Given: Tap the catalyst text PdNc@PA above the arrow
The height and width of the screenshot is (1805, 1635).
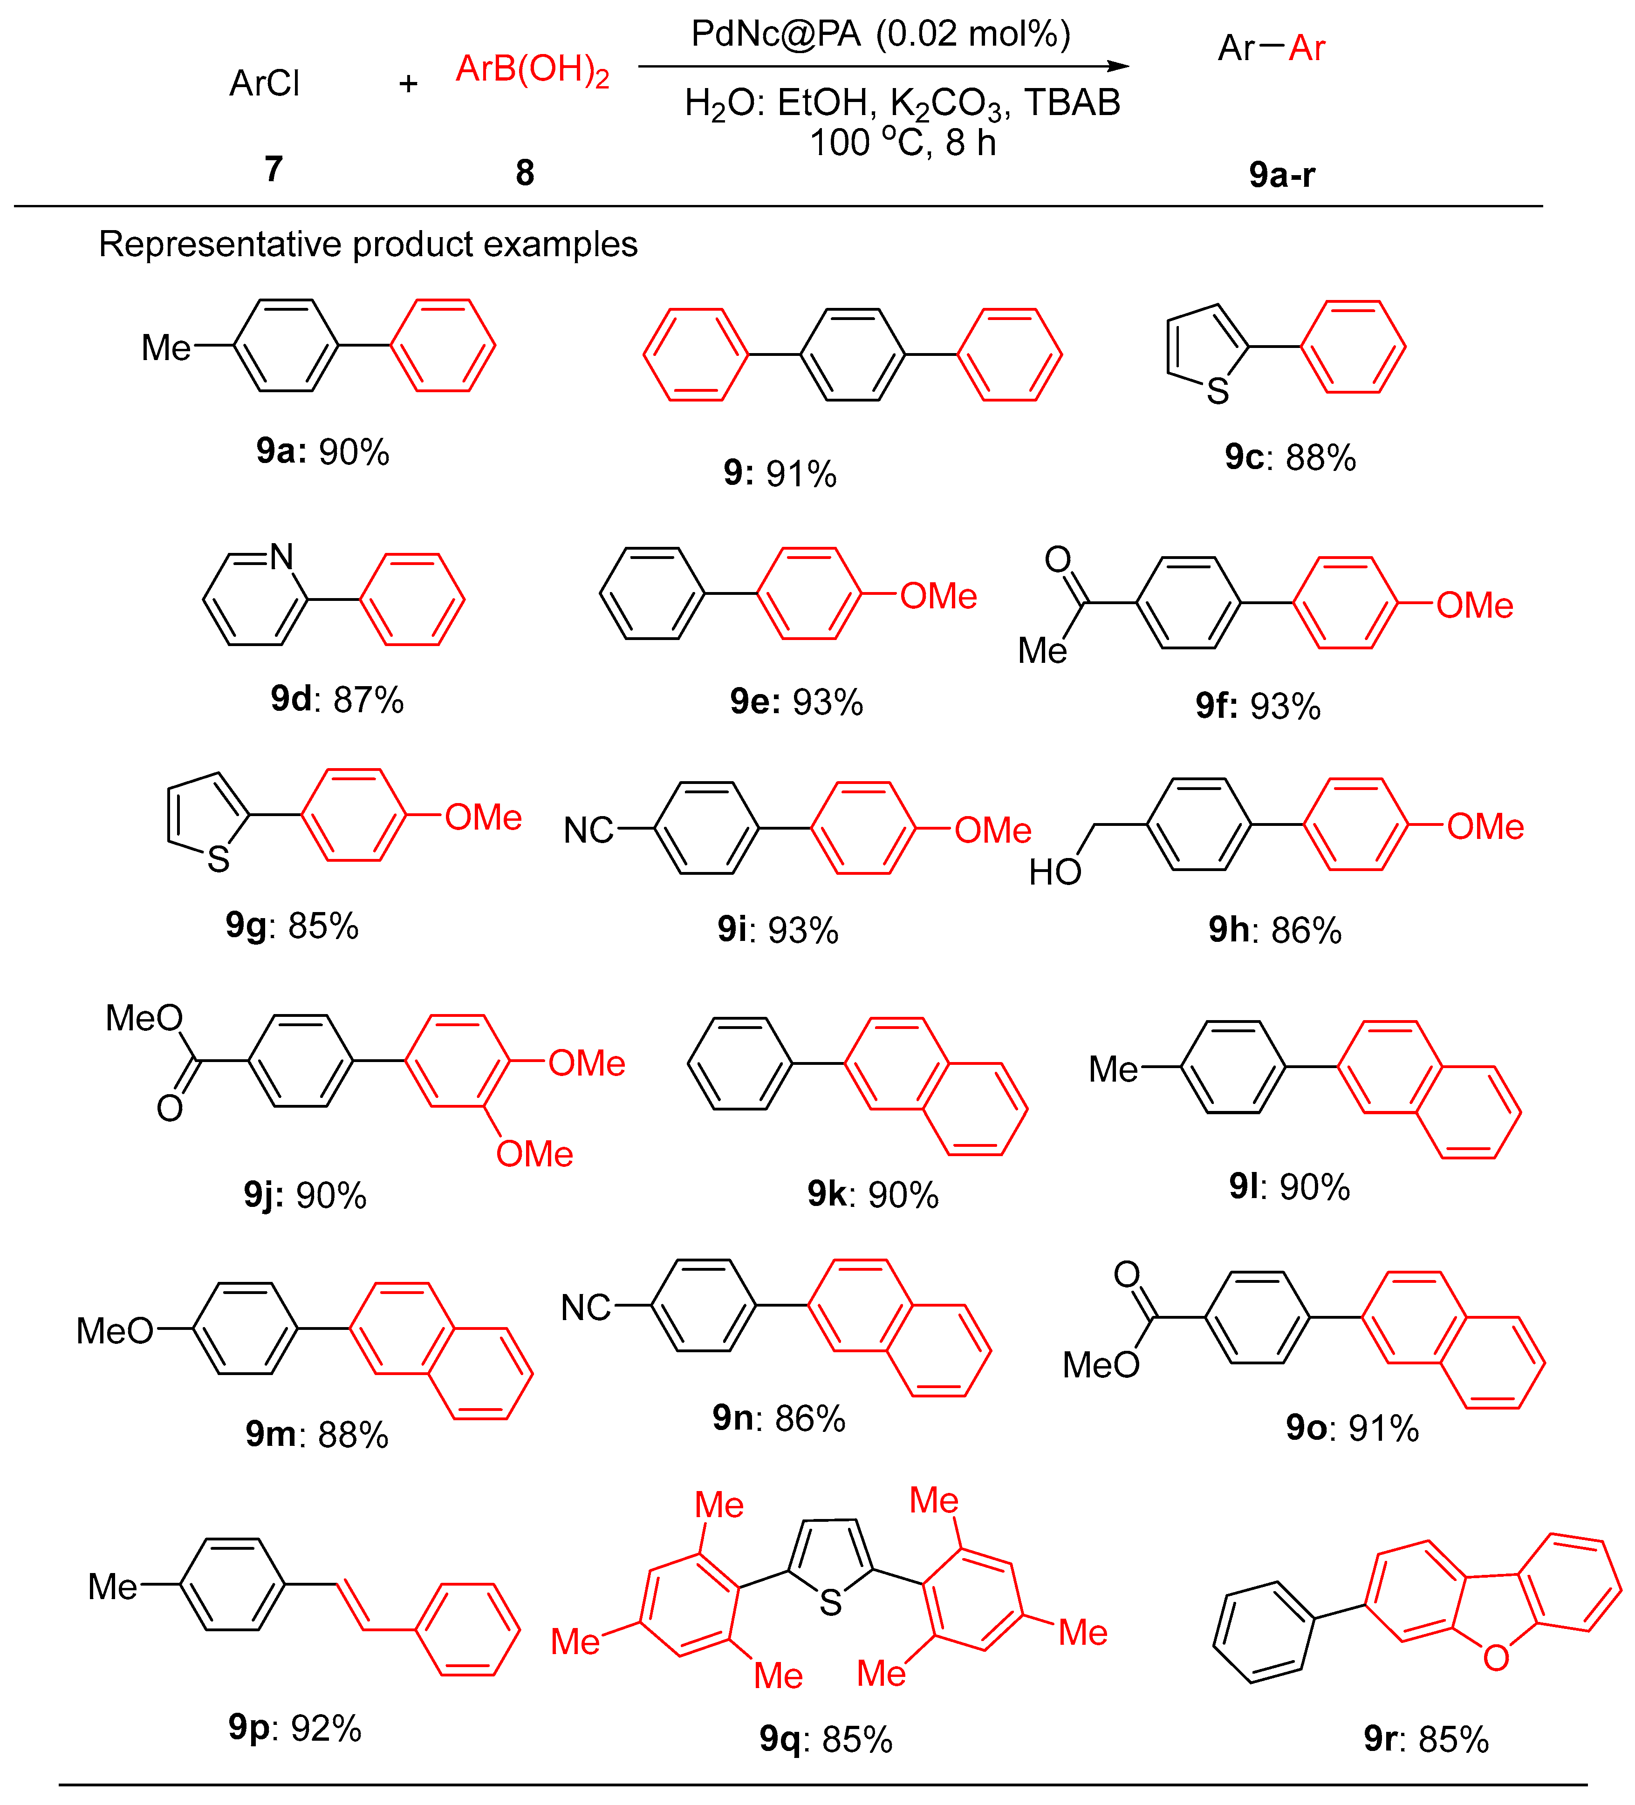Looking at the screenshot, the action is tap(775, 34).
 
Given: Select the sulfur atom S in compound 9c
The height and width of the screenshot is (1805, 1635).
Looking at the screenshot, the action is tap(1217, 391).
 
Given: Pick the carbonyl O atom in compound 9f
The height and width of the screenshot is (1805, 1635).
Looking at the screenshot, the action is tap(1058, 559).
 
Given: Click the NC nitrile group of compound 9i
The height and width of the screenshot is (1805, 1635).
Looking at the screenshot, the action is tap(588, 831).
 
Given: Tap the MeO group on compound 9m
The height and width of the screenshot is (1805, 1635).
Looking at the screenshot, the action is tap(115, 1331).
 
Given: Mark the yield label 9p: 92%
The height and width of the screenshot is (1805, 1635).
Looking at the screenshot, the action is tap(294, 1728).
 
